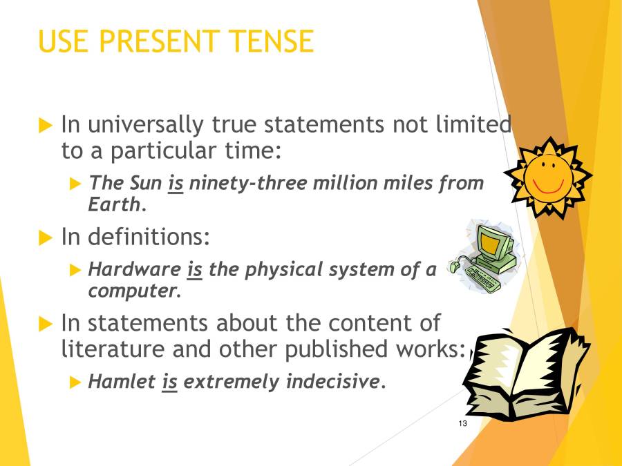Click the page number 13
pyautogui.click(x=462, y=423)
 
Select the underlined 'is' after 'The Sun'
pyautogui.click(x=176, y=184)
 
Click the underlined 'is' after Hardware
pyautogui.click(x=195, y=269)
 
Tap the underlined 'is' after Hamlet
pyautogui.click(x=170, y=381)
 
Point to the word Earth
pyautogui.click(x=114, y=204)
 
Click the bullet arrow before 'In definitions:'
pyautogui.click(x=46, y=238)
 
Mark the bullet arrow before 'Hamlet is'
pyautogui.click(x=75, y=382)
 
